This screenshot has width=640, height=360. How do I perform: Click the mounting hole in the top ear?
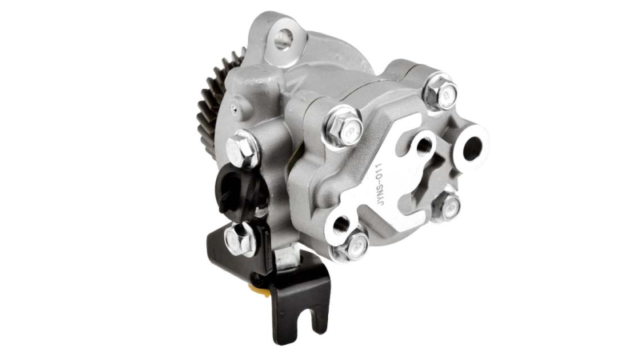coord(283,39)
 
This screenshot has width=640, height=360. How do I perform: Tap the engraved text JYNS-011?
coord(380,184)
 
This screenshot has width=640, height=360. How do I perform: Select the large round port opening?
coord(471,148)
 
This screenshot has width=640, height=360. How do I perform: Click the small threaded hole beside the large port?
coord(423,144)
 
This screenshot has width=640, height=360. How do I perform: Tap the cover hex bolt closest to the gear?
coord(345,128)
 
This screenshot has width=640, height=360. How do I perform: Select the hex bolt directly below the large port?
coord(446,207)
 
